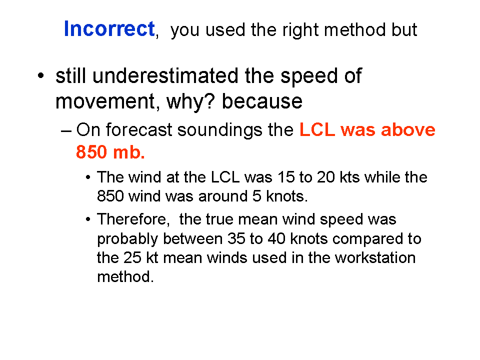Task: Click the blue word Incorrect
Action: (109, 29)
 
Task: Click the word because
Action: (262, 101)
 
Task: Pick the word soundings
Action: (220, 130)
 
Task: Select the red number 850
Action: (92, 152)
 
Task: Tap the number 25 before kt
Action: (132, 258)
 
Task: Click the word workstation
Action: (375, 258)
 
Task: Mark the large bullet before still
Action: (40, 75)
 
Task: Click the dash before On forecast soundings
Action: (66, 131)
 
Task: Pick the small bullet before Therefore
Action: (88, 219)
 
